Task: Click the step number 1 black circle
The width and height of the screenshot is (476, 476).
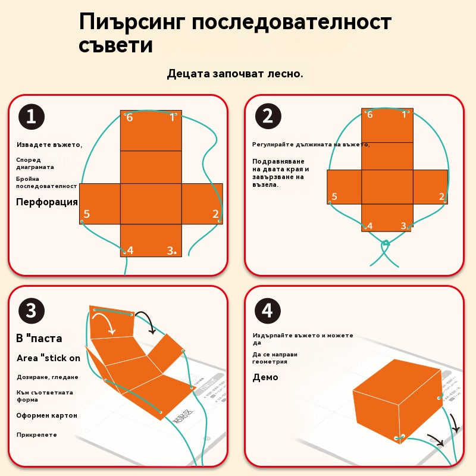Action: (31, 116)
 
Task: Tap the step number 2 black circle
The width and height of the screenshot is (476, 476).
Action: (268, 116)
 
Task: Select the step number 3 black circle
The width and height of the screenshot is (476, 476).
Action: (31, 310)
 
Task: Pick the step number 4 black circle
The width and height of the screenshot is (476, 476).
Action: (268, 310)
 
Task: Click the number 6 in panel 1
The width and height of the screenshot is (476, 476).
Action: (130, 118)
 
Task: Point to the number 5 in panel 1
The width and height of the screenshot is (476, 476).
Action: (87, 214)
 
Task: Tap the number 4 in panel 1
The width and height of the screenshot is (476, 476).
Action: (130, 250)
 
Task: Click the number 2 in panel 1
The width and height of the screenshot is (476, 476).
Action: (215, 214)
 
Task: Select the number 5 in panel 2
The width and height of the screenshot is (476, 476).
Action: (334, 197)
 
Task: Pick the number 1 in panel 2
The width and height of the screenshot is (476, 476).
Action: (404, 114)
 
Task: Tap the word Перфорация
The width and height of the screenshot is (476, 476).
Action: (46, 202)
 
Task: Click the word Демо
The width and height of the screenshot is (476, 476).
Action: (265, 377)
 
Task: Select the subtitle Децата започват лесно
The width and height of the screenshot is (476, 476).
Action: (235, 74)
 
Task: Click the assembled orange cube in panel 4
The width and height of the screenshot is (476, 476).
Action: (395, 399)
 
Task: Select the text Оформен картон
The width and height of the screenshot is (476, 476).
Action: (47, 415)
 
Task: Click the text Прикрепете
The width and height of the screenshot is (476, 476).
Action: (37, 435)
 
